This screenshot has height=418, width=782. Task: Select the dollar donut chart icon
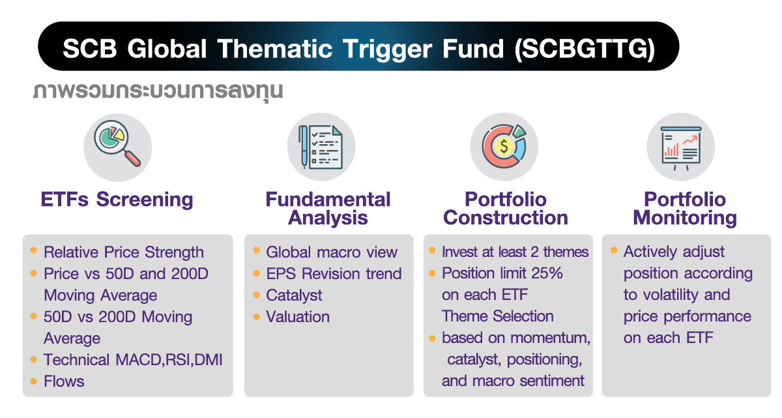(x=504, y=147)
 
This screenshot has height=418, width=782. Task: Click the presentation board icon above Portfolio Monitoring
(x=680, y=147)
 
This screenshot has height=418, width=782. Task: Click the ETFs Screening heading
(x=117, y=200)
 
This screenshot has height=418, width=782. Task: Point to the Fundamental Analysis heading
(x=328, y=209)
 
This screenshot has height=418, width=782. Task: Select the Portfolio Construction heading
(x=506, y=209)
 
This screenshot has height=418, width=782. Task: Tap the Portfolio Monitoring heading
(x=685, y=209)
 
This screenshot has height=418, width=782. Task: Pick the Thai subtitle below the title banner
(x=158, y=90)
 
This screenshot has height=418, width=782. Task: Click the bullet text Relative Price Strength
(x=124, y=252)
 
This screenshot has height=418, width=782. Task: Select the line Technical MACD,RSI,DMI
(x=133, y=360)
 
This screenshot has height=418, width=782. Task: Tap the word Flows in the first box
(x=64, y=381)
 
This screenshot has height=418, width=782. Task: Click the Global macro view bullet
(x=331, y=252)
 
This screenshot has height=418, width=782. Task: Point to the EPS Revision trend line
(x=334, y=274)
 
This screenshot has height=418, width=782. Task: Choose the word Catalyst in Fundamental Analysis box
(x=294, y=295)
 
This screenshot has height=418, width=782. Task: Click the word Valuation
(x=298, y=317)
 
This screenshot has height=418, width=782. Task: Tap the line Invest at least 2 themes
(x=515, y=252)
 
